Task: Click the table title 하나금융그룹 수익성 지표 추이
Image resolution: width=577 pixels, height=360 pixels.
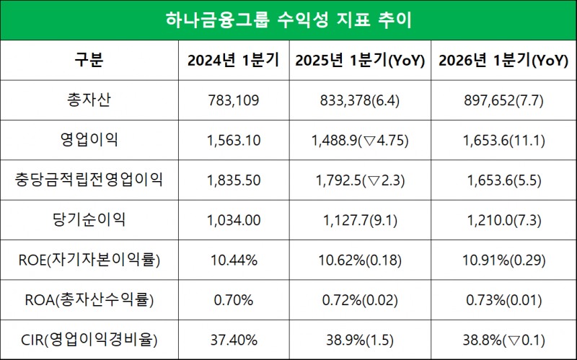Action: (288, 20)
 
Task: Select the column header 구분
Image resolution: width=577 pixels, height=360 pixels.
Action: (89, 60)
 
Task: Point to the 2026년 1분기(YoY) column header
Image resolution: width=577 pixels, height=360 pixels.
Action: (503, 60)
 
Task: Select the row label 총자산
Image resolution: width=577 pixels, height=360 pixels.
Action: (89, 100)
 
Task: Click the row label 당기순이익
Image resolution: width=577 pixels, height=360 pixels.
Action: (89, 219)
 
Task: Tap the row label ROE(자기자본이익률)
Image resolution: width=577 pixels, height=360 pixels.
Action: (89, 259)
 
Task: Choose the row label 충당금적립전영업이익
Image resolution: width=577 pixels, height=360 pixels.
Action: (89, 180)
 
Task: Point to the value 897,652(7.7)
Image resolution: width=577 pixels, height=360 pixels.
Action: (503, 100)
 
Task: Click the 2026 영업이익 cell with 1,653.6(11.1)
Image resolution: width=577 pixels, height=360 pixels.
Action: (503, 140)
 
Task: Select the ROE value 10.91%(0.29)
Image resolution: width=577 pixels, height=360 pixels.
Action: (503, 259)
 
